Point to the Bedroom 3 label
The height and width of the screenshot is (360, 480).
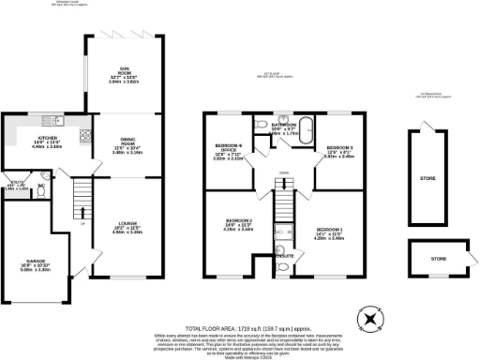tap(338, 150)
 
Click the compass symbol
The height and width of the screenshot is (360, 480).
tap(374, 320)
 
